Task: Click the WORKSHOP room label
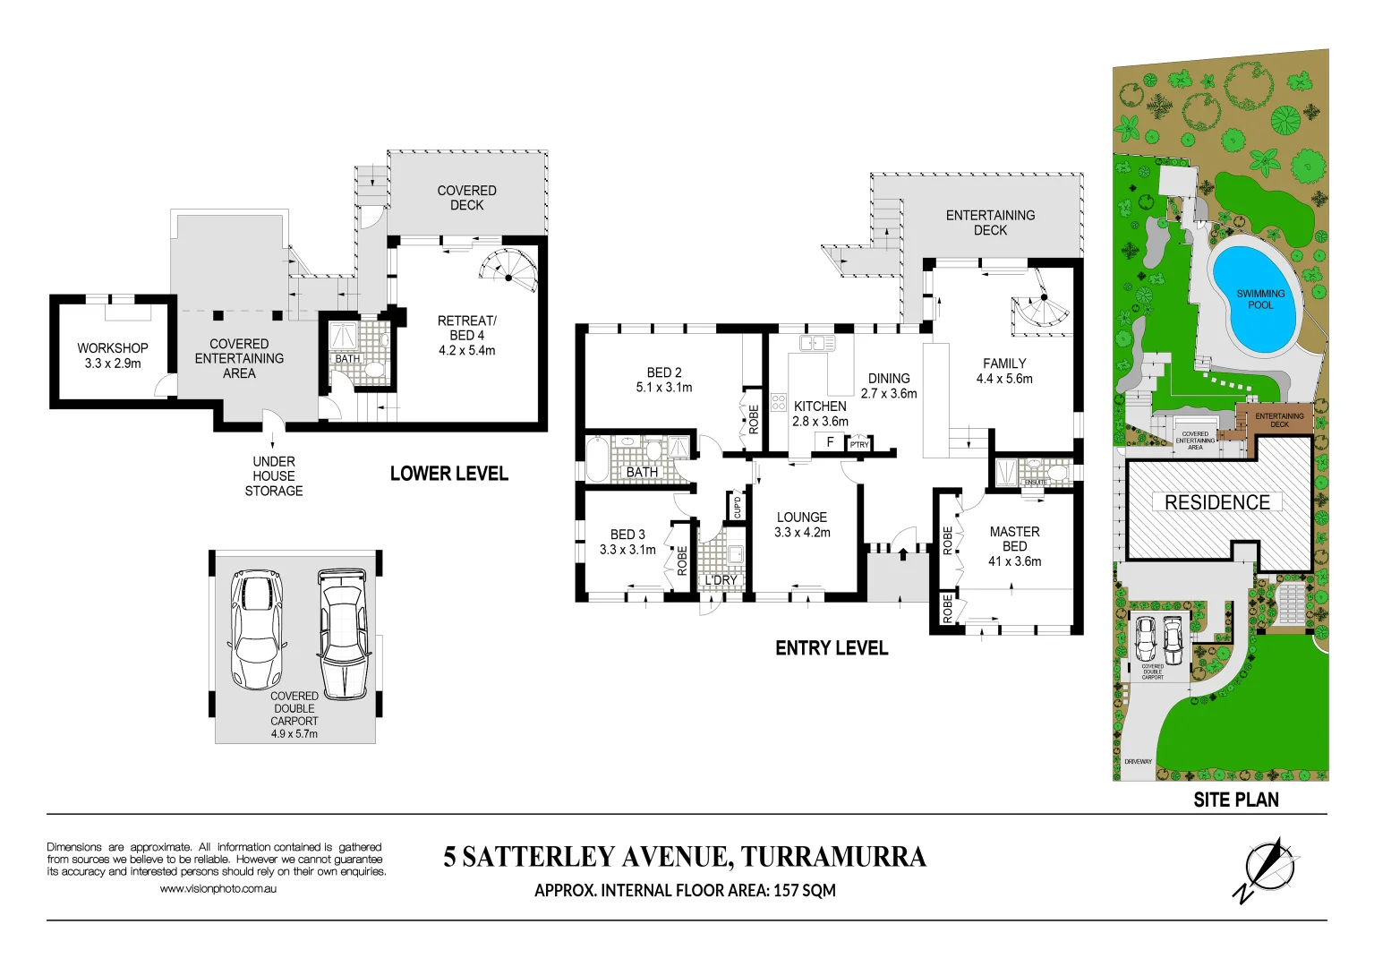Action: click(112, 348)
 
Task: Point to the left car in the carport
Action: click(257, 629)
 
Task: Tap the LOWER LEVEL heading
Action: click(448, 474)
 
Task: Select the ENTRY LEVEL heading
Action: click(832, 648)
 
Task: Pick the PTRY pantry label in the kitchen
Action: click(859, 444)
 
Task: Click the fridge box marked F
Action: click(830, 441)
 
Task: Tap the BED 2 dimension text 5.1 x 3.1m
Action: click(664, 388)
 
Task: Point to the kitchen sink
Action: click(817, 343)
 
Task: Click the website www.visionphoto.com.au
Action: click(218, 889)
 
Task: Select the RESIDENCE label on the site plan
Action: click(1217, 502)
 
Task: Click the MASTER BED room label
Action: click(1014, 539)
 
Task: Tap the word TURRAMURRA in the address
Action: click(833, 858)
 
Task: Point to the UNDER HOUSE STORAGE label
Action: click(274, 476)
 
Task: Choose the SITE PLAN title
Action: click(1235, 800)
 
